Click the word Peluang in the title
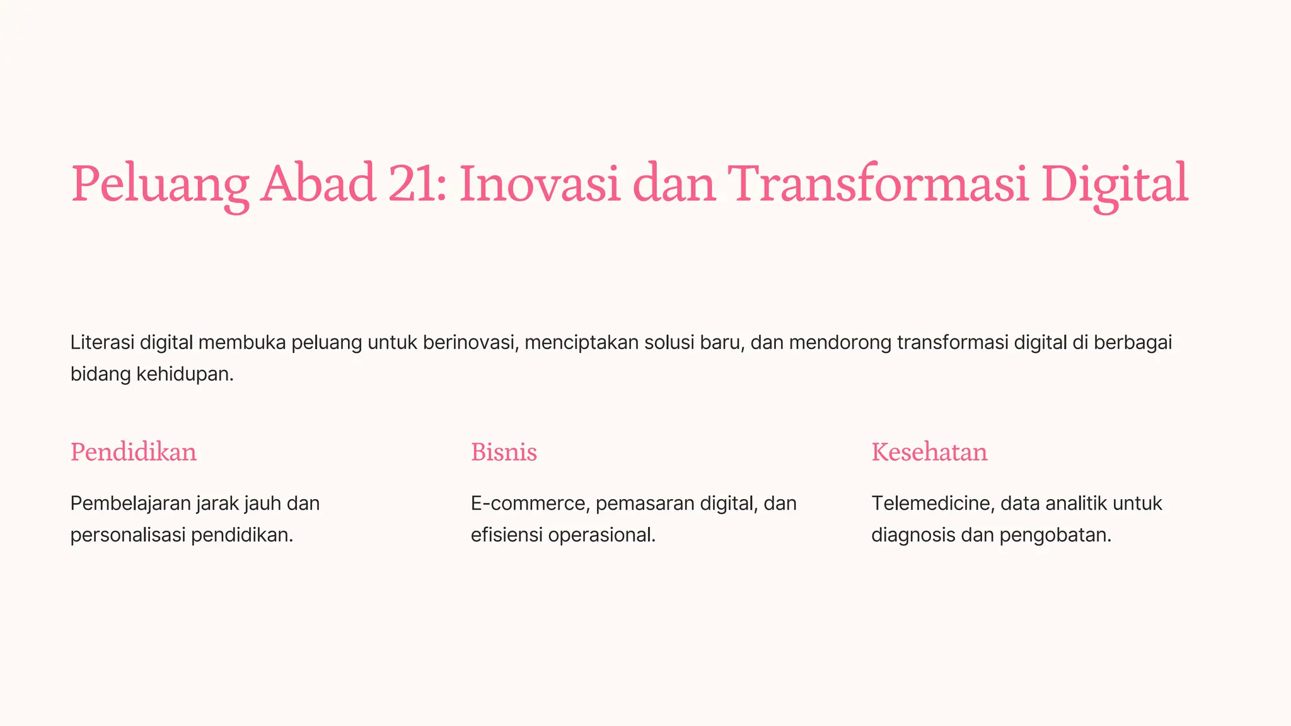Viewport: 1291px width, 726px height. (159, 184)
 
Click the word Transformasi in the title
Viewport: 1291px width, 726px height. (878, 184)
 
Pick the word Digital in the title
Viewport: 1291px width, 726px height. (1114, 184)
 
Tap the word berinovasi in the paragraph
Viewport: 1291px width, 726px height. (471, 342)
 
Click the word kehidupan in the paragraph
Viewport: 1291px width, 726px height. (185, 374)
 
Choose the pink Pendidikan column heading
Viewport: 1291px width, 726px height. (134, 452)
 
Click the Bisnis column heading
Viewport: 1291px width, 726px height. (504, 452)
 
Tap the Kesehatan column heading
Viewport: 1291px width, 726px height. (929, 452)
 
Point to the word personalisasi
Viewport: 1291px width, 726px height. (128, 535)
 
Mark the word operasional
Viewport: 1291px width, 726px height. (601, 535)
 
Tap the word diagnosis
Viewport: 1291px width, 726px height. (913, 535)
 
